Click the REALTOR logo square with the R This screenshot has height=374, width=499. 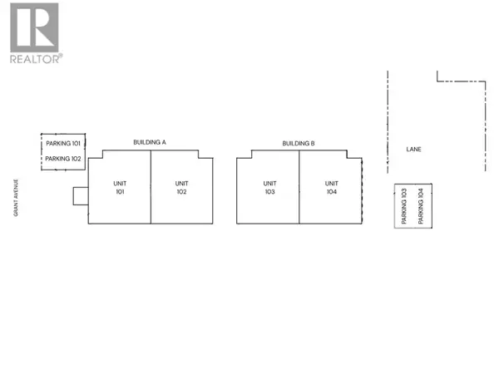tap(34, 27)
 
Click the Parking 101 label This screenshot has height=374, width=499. tap(63, 144)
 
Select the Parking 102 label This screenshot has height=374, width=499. tap(63, 159)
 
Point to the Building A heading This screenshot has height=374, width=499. tap(150, 142)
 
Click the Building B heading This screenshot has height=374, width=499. tap(299, 144)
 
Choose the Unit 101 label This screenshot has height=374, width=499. tap(120, 188)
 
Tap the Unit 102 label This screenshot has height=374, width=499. tap(181, 188)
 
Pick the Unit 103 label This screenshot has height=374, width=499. tap(269, 188)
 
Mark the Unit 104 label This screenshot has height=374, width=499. tap(332, 188)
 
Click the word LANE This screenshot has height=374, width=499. tap(413, 149)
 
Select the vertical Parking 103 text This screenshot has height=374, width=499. tap(404, 206)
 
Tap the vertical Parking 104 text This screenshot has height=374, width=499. tap(421, 206)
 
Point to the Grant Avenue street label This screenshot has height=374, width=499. tap(16, 198)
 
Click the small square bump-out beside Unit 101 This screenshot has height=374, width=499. tap(81, 196)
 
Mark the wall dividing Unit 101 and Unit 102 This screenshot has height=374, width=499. tap(151, 187)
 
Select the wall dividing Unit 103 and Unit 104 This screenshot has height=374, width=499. tap(299, 187)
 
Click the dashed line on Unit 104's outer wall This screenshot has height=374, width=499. tap(362, 191)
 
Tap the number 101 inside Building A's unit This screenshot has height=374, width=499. tap(120, 192)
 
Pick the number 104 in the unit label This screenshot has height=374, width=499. tap(332, 192)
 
